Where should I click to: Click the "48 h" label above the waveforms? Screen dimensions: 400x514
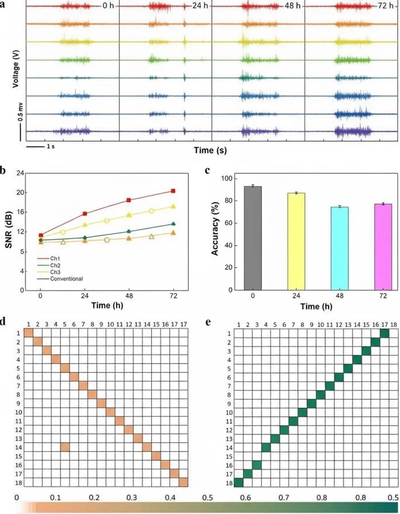click(292, 6)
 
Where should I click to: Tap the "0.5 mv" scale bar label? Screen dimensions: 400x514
click(21, 112)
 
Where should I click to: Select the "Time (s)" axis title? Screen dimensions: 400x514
click(210, 150)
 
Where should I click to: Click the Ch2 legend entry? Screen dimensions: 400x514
click(49, 265)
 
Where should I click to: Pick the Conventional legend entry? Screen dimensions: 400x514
click(60, 278)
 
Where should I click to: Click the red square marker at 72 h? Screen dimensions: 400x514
click(173, 191)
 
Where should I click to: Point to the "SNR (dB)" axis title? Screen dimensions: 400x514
click(9, 229)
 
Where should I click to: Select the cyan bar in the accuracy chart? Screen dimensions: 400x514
click(340, 249)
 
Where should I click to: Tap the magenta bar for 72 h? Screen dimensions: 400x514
click(383, 247)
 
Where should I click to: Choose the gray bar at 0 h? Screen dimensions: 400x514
click(253, 238)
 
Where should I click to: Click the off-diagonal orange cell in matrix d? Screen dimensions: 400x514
click(65, 447)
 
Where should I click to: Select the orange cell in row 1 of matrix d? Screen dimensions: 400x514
click(29, 333)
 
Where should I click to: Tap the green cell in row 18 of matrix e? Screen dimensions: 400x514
click(239, 482)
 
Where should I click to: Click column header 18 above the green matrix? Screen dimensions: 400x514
click(393, 324)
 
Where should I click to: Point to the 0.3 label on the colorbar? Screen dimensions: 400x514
click(132, 497)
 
